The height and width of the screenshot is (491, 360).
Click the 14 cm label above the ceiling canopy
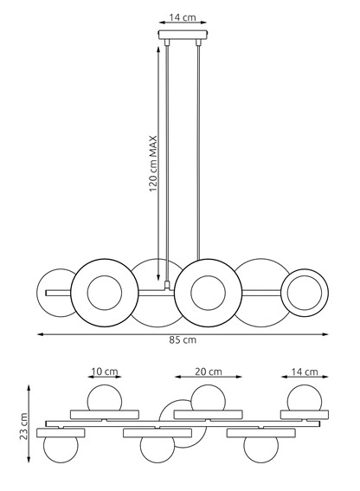pos(180,16)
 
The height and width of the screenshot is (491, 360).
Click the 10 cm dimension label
pos(103,371)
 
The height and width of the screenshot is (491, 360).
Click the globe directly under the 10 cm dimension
pos(103,398)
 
